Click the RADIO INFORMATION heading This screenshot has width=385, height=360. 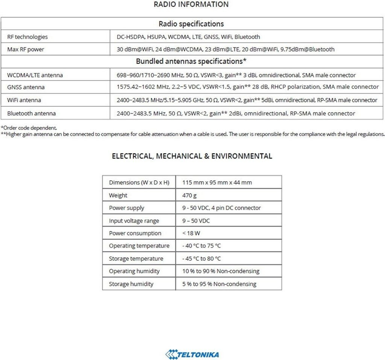point(191,5)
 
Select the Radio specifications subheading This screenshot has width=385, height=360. point(191,24)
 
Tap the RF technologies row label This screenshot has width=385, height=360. point(27,37)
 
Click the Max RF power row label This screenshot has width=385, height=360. point(26,49)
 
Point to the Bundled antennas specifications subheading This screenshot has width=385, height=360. point(191,61)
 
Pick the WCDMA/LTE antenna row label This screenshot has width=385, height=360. point(35,75)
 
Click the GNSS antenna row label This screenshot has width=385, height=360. point(26,87)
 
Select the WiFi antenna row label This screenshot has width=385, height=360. point(24,100)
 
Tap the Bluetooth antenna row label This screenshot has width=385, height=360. point(31,113)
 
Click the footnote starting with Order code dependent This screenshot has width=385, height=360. point(29,128)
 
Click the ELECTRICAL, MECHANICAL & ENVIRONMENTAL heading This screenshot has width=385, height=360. point(192,156)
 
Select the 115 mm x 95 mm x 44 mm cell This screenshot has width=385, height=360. point(217,183)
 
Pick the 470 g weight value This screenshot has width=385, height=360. point(189,195)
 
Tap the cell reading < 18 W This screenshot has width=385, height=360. point(191,233)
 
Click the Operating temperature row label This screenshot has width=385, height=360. point(139,246)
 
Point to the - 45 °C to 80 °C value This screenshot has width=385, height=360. point(202,259)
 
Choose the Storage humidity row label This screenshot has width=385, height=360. point(131,284)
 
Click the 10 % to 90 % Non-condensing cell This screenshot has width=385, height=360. point(221,271)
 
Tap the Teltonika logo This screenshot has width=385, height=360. point(192,354)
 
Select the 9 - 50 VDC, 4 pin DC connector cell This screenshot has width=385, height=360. point(221,208)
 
